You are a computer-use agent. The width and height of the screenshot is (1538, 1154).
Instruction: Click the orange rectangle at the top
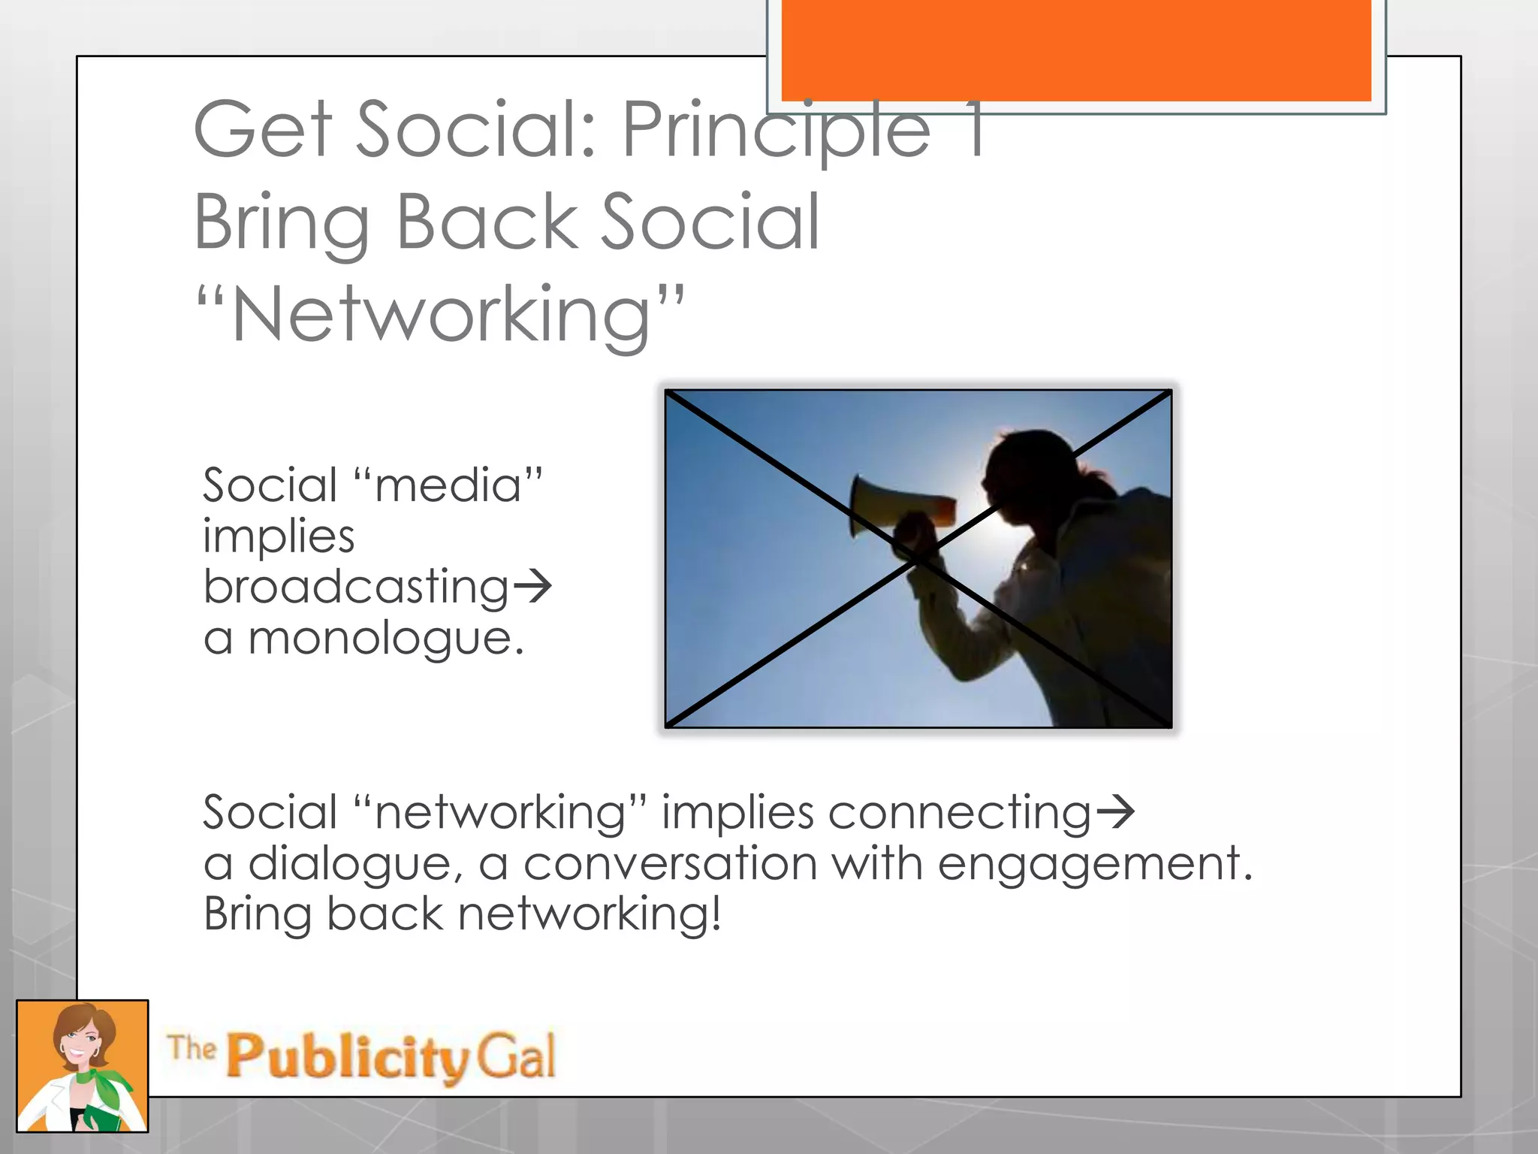[x=1075, y=50]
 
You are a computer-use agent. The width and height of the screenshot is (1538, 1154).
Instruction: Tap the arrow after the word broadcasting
[x=532, y=587]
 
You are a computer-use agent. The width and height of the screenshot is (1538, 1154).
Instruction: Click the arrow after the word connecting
[x=1115, y=813]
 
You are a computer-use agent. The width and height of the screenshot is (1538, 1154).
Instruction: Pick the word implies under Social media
[x=279, y=536]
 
